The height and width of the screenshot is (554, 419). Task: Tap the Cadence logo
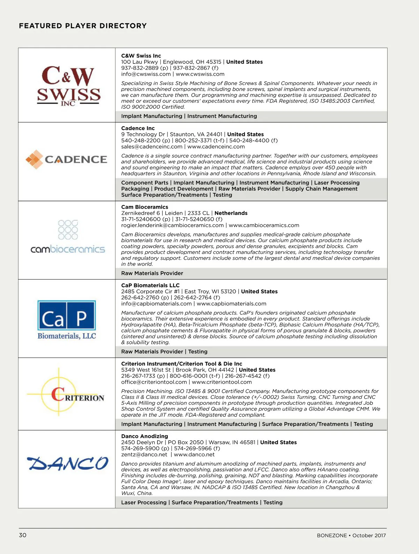[x=66, y=159]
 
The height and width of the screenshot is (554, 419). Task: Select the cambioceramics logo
[x=68, y=237]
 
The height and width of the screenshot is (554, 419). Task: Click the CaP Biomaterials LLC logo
[x=67, y=320]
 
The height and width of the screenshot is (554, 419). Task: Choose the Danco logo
[x=68, y=463]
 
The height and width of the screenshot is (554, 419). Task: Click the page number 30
[x=23, y=535]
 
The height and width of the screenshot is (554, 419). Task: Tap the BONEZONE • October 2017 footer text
[x=351, y=536]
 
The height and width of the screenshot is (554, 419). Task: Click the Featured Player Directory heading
[x=83, y=26]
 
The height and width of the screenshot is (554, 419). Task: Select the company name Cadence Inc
[x=138, y=128]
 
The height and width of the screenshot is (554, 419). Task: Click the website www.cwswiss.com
[x=200, y=74]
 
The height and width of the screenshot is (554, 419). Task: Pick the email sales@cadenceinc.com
[x=152, y=147]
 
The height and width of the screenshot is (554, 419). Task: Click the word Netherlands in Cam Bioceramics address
[x=231, y=213]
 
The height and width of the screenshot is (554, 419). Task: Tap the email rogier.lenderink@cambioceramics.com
[x=172, y=225]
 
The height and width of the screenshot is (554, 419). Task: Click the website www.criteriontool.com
[x=222, y=382]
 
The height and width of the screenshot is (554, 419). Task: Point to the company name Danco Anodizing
[x=145, y=436]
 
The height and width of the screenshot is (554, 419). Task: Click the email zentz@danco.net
[x=144, y=455]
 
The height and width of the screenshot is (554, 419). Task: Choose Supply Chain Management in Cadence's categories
[x=321, y=189]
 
